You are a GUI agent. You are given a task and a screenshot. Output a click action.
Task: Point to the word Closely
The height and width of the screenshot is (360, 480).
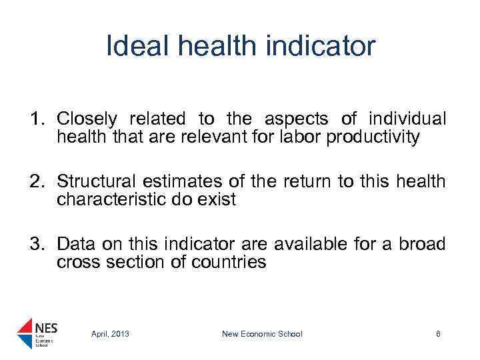tap(87, 119)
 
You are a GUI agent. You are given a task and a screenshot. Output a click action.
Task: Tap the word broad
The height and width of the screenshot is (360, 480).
tap(422, 244)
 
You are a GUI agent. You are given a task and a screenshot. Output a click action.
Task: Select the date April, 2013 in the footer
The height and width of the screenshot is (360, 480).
tap(110, 334)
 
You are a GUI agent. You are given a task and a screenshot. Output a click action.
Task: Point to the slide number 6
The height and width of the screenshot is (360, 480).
tap(438, 334)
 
